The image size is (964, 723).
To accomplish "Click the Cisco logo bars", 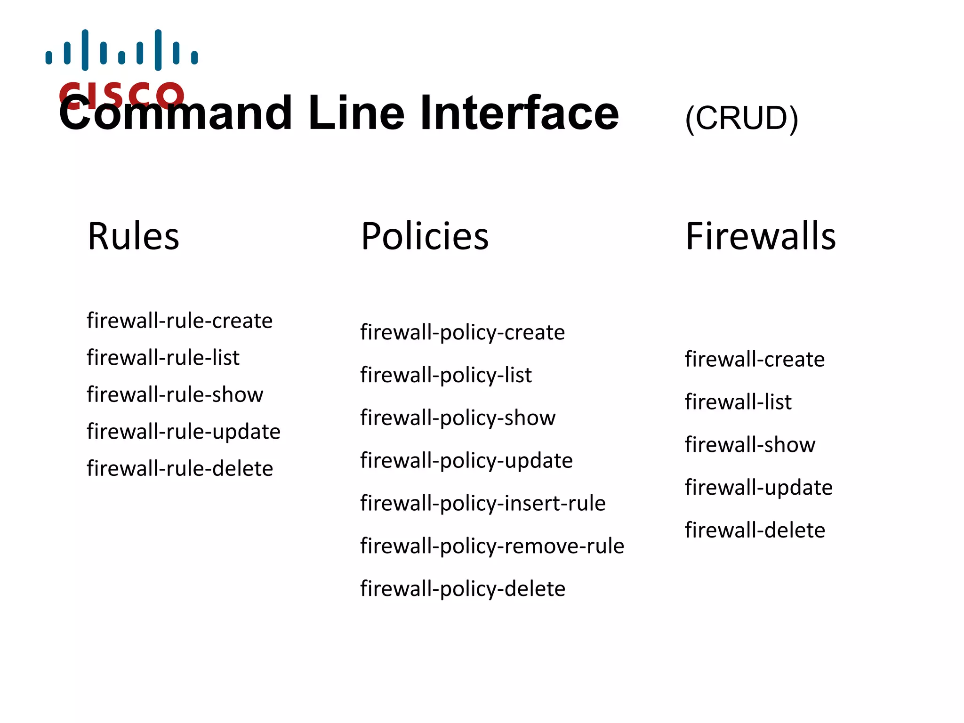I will pos(121,50).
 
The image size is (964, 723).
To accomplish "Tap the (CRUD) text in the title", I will pos(741,118).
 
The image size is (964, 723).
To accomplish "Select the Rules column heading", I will pos(133,236).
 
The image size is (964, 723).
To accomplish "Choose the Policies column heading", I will pos(425,236).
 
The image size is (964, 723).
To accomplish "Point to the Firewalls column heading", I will pos(760,236).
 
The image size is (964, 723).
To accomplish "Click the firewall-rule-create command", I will pos(179,321).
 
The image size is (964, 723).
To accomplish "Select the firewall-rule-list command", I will pos(163,358).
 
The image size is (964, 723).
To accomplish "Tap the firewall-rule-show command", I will pos(175,394).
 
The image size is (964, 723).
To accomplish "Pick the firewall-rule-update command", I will pos(184,432).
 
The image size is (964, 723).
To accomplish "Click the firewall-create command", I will pos(755,360).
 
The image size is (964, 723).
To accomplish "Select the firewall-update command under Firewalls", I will pos(758,488).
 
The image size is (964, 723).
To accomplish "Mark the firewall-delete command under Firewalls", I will pos(755,530).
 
